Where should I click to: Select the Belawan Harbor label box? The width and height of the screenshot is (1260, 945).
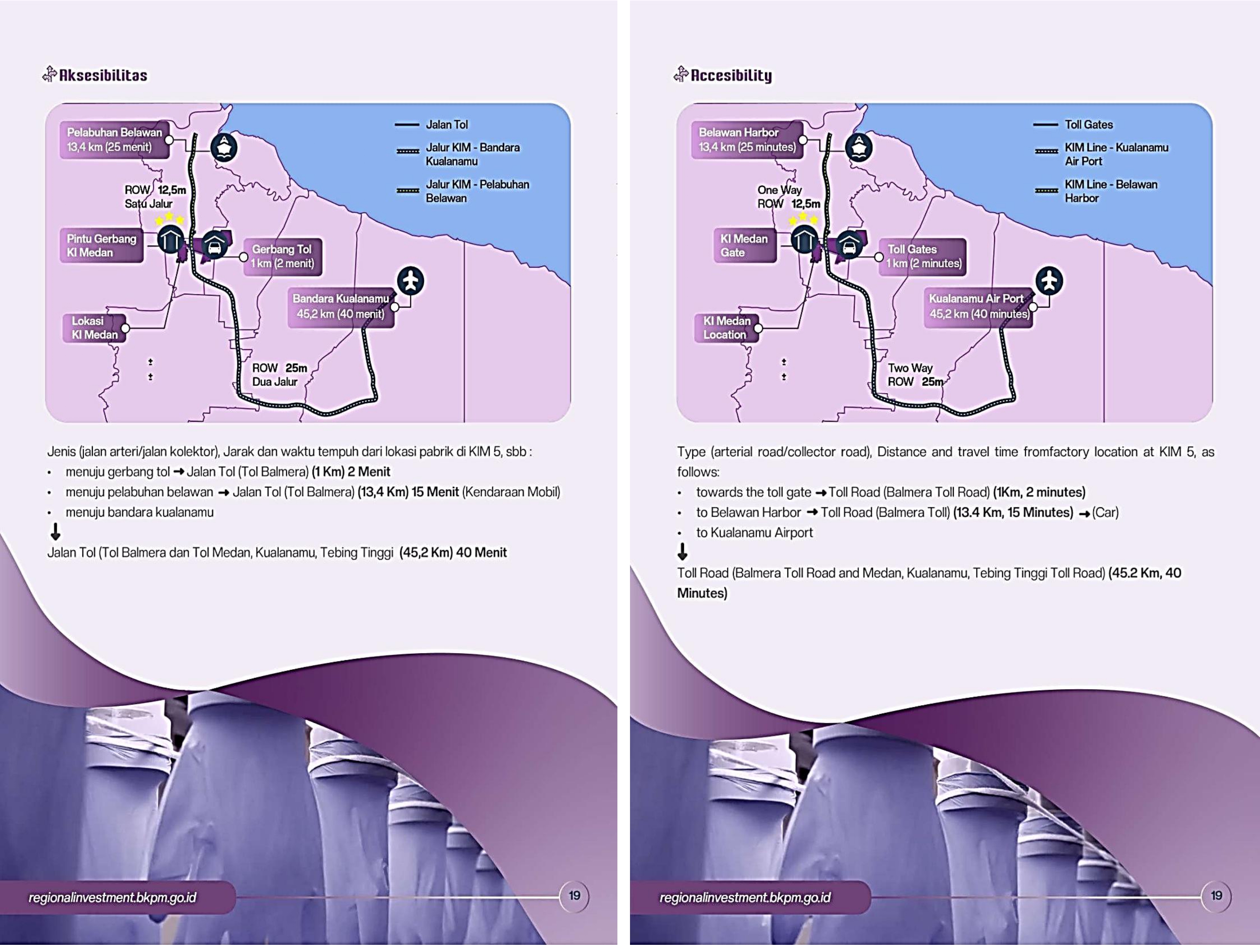point(747,139)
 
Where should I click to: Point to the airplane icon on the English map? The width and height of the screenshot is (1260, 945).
point(1049,281)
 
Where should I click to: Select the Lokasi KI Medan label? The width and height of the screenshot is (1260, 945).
point(94,328)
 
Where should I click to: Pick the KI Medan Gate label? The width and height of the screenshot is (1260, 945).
point(744,246)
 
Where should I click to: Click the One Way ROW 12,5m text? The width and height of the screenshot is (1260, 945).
point(788,197)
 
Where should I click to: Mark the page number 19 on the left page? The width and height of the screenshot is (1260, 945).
point(574,895)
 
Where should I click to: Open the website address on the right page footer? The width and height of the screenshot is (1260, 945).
point(745,898)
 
